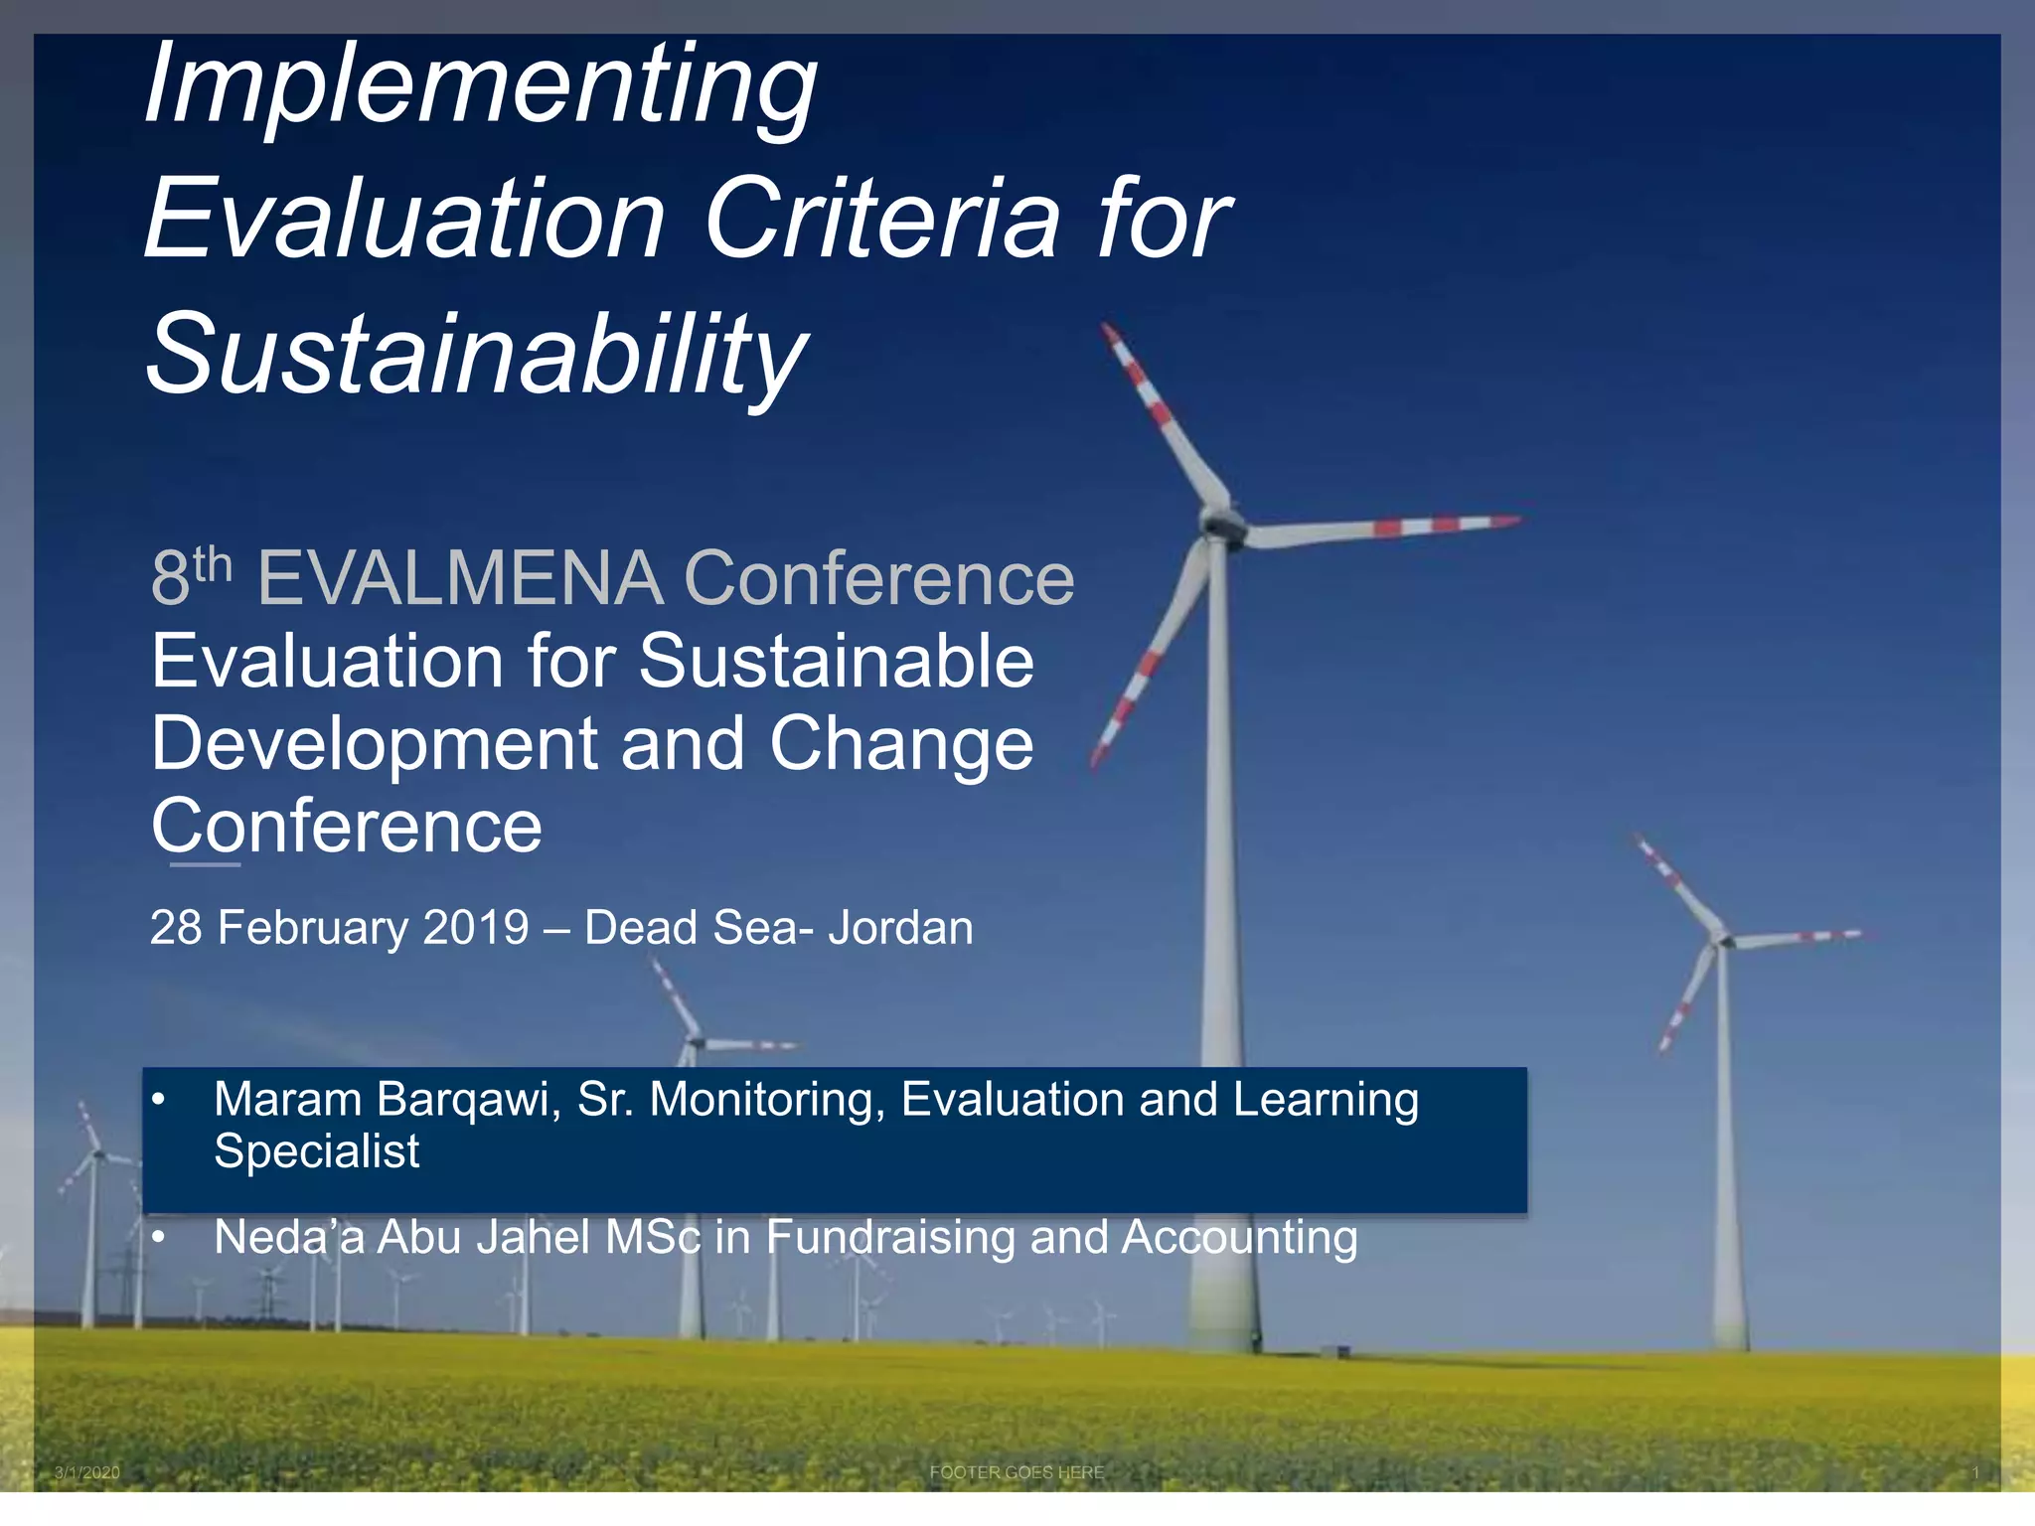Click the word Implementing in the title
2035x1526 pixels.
tap(481, 87)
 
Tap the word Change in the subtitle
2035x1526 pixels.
tap(901, 744)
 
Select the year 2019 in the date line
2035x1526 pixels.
tap(476, 928)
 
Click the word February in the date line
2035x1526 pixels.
tap(312, 928)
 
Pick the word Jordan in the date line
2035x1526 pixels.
tap(900, 928)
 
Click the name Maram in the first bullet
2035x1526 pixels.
tap(288, 1100)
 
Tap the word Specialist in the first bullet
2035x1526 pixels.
tap(316, 1151)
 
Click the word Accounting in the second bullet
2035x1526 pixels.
tap(1240, 1238)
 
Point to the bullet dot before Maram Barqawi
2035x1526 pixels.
tap(158, 1100)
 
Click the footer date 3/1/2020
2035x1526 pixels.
tap(87, 1472)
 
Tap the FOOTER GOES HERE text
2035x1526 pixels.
tap(1017, 1472)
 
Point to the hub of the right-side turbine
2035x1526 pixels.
tap(1724, 938)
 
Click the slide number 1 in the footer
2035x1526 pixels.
tap(1975, 1472)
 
